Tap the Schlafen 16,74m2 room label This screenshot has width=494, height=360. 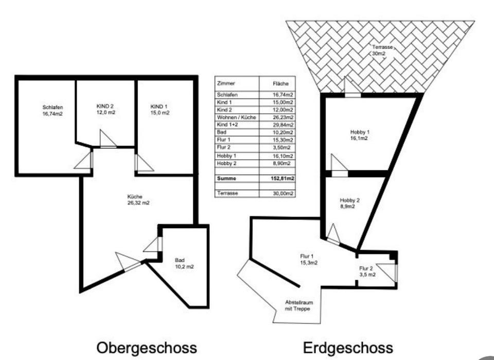point(52,111)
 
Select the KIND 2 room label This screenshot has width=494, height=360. point(105,109)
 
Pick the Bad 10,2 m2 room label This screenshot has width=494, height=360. point(183,263)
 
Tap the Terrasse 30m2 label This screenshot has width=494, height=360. point(382,50)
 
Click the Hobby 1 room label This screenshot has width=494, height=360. point(360,135)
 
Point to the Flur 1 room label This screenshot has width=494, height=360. point(307,260)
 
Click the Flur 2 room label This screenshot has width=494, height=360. point(367,271)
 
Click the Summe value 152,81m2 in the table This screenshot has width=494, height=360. point(283,179)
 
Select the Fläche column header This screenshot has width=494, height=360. point(281,83)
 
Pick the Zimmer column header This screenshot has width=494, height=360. point(226,83)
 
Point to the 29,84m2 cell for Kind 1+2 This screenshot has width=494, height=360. point(283,125)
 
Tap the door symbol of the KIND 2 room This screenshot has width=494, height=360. point(108,139)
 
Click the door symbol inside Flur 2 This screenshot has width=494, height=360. point(387,272)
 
